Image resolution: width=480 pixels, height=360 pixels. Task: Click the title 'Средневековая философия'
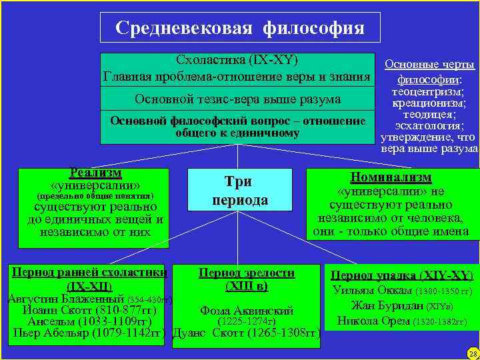tap(239, 28)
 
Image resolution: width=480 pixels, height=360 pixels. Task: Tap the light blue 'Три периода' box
tap(240, 190)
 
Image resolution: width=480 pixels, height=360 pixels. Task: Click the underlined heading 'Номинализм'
tap(391, 178)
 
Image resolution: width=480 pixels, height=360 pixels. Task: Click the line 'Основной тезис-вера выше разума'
tap(237, 99)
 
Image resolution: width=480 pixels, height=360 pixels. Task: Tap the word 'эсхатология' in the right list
tap(429, 125)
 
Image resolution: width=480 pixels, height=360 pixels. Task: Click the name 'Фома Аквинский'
tap(246, 311)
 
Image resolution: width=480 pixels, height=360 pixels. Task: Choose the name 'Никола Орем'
tap(373, 321)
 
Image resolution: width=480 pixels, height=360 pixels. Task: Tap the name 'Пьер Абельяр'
tap(53, 333)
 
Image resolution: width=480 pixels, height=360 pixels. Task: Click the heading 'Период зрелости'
tap(247, 273)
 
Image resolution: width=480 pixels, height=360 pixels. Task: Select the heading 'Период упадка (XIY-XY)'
tap(402, 275)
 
